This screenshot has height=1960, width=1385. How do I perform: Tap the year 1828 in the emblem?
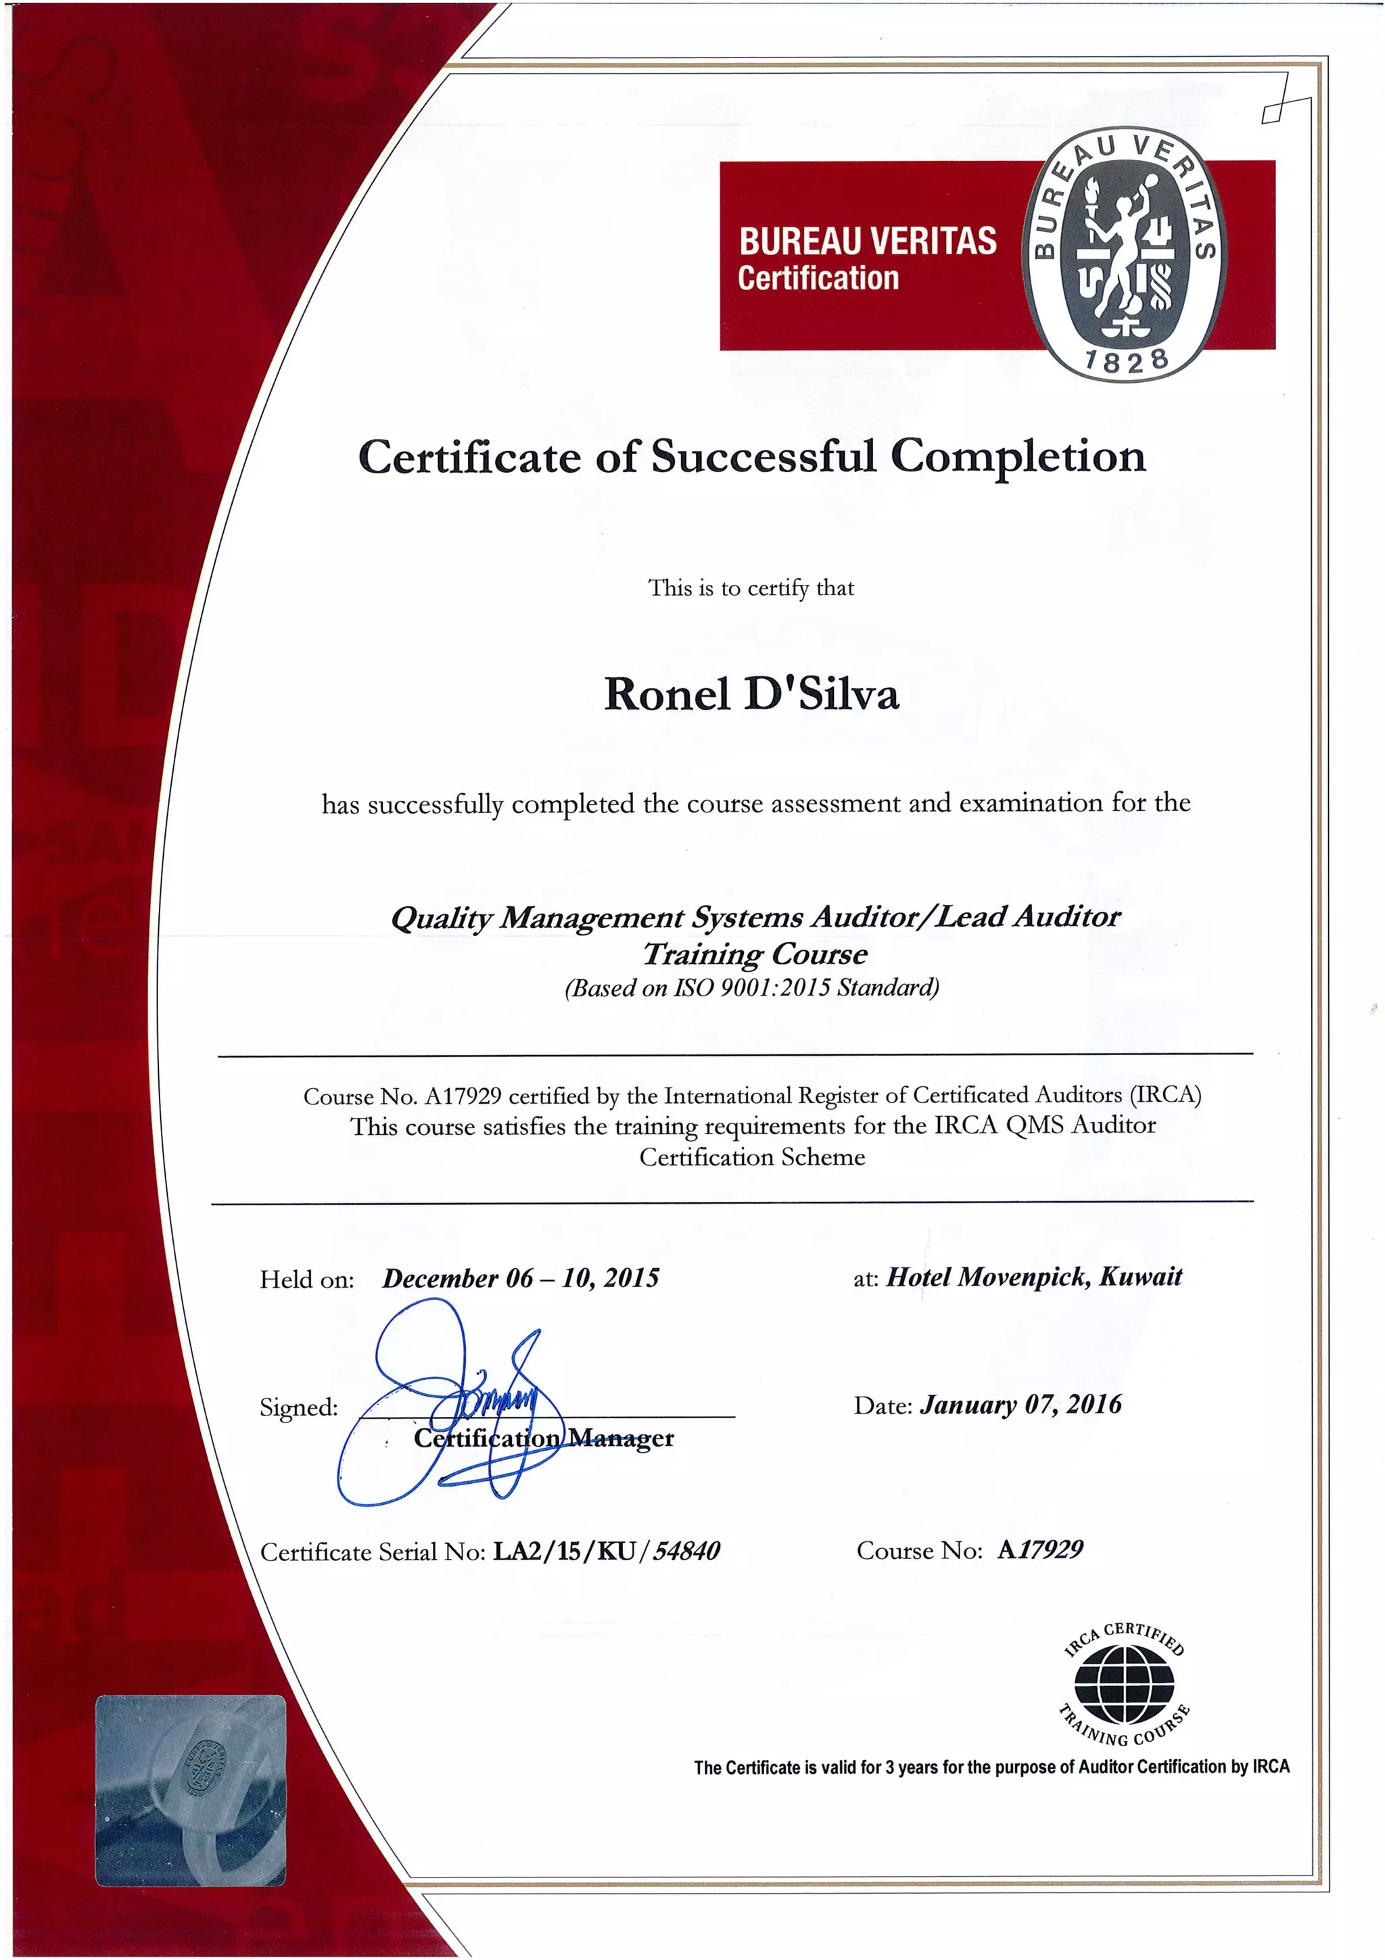tap(1125, 361)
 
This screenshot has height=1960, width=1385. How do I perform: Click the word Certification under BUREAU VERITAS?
tap(818, 278)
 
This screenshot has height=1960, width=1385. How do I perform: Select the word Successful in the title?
tap(763, 457)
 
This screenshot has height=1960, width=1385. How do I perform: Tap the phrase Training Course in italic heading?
tap(754, 954)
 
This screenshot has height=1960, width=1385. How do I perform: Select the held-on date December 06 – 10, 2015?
tap(521, 1278)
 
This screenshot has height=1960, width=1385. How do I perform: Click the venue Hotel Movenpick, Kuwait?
tap(1034, 1277)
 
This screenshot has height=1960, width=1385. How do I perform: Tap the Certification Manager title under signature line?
tap(544, 1439)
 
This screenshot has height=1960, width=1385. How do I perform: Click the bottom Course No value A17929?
tap(1040, 1550)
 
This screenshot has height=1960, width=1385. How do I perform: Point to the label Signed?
tap(299, 1407)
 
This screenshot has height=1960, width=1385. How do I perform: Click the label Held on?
tap(306, 1280)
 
